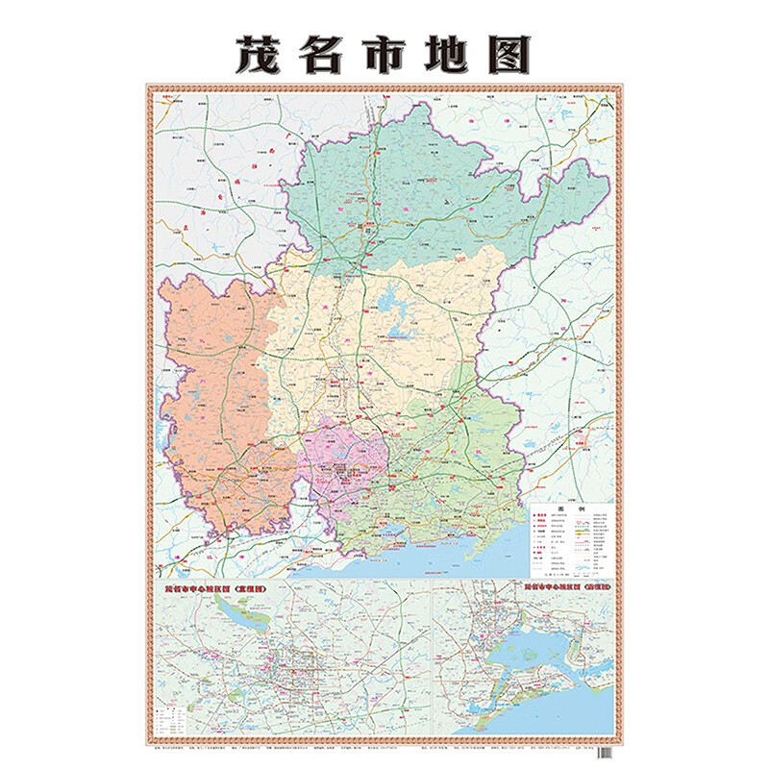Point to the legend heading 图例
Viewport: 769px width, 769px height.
click(x=571, y=510)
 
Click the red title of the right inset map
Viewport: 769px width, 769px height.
click(x=567, y=583)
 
